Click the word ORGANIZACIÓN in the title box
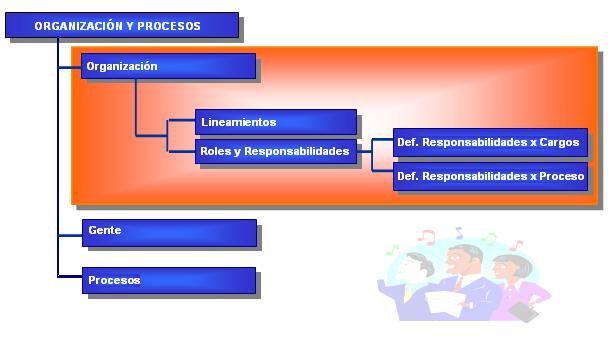[78, 26]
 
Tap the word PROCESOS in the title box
[169, 26]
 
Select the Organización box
[168, 66]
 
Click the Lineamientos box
[276, 122]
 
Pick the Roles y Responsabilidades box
[276, 151]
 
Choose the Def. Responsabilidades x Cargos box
[490, 142]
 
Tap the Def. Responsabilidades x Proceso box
[490, 176]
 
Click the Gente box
[169, 233]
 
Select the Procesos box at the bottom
[169, 280]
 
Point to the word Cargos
[559, 143]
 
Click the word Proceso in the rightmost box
[562, 176]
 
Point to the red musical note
[426, 237]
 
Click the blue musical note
[459, 233]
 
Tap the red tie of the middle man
[458, 284]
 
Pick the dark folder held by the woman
[523, 312]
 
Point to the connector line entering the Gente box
[70, 235]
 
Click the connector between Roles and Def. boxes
[372, 155]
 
